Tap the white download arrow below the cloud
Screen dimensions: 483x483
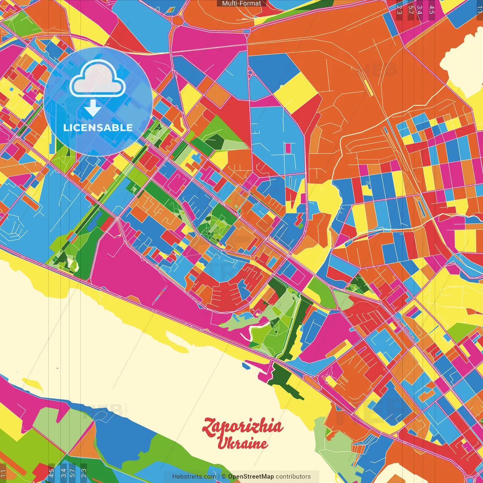tap(92, 109)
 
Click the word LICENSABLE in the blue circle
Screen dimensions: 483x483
tap(98, 128)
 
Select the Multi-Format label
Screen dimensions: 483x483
tap(241, 3)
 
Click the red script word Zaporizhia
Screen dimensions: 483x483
tap(243, 426)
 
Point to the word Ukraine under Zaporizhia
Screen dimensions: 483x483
tap(243, 443)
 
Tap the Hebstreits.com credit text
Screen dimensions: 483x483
tap(194, 477)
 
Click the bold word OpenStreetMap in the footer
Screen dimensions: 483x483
tap(251, 477)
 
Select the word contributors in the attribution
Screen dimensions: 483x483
tap(293, 477)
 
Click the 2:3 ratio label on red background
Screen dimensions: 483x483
tap(83, 472)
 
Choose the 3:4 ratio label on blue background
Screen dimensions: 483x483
tap(63, 472)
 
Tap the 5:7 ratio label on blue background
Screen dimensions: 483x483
tap(72, 472)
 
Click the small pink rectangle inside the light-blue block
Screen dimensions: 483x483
tap(288, 148)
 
